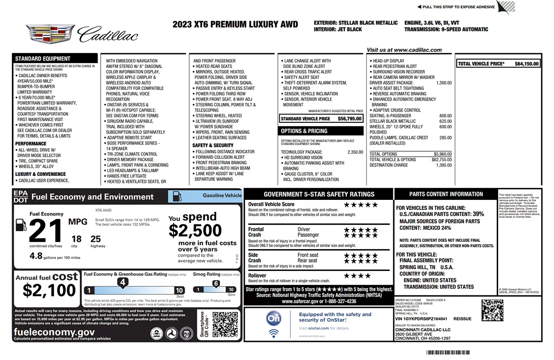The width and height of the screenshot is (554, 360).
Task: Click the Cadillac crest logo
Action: [x=50, y=35]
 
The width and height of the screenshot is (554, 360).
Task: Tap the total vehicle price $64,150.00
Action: [x=526, y=64]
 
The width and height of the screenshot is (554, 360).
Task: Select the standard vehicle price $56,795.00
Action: [x=349, y=119]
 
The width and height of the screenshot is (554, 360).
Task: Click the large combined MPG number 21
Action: [x=45, y=230]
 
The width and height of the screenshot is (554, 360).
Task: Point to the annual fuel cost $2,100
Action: [x=49, y=290]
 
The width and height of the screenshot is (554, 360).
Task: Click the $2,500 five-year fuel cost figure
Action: [x=195, y=230]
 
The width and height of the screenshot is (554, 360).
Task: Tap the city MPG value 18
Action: [x=76, y=239]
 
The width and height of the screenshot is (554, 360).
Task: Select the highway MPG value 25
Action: [x=96, y=239]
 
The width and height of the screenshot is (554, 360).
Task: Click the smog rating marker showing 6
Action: [x=216, y=283]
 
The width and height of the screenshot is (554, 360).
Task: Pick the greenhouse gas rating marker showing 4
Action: [x=122, y=282]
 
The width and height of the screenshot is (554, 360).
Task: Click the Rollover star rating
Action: [x=357, y=276]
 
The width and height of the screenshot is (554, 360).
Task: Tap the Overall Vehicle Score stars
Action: [x=361, y=204]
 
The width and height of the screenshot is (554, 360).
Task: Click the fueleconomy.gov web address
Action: [x=54, y=332]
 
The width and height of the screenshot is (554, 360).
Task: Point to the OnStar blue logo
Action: [x=274, y=318]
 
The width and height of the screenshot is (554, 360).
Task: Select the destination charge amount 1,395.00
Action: [x=444, y=165]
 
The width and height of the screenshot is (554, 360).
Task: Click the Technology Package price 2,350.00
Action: [x=355, y=152]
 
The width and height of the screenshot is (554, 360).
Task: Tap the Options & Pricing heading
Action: [x=304, y=131]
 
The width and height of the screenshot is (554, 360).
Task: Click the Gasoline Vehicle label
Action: [x=222, y=195]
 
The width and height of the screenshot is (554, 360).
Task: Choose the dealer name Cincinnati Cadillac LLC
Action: [x=422, y=330]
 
